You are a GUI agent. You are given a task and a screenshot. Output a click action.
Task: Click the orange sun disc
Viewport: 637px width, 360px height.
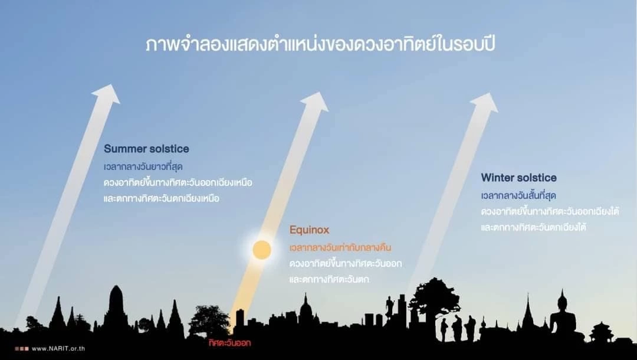pos(262,250)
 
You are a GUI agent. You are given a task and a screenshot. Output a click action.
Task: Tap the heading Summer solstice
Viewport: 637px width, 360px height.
pos(146,149)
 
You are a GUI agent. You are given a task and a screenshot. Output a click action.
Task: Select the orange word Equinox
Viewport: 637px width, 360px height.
pos(309,230)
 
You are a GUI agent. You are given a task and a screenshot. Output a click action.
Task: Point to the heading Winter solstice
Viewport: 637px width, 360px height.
pos(518,178)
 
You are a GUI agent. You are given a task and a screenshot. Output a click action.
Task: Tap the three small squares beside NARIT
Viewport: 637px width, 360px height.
pos(21,348)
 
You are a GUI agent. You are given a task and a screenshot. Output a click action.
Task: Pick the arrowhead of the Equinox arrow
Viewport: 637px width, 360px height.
pos(315,101)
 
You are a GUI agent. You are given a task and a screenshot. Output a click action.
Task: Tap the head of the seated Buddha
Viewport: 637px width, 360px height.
pos(562,300)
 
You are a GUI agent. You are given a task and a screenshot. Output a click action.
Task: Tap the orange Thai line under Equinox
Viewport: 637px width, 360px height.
pos(341,247)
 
